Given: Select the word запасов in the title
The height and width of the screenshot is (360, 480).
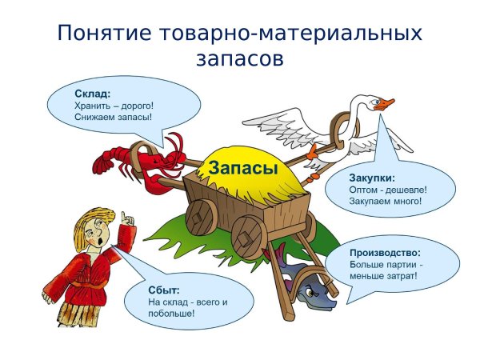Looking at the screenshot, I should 239,58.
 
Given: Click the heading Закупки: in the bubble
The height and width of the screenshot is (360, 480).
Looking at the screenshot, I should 373,177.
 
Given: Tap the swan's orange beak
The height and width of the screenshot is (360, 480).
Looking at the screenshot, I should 387,104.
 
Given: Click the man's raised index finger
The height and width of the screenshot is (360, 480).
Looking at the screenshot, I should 124,216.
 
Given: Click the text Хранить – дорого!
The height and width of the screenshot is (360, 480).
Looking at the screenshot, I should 112,105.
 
